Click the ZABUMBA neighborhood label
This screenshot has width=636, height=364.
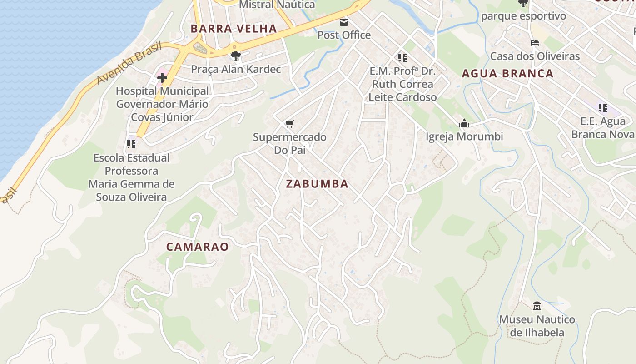tap(317, 184)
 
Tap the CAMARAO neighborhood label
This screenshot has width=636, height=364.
tap(197, 247)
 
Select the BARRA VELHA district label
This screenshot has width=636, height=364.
tap(234, 29)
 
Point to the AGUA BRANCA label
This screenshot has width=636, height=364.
tap(507, 74)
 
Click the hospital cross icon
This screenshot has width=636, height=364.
tap(162, 78)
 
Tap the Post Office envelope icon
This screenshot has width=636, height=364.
tap(344, 22)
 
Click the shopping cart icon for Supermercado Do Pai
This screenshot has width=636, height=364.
tap(289, 124)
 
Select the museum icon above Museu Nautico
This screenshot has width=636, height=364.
tap(537, 306)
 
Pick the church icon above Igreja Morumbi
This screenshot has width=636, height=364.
tap(464, 123)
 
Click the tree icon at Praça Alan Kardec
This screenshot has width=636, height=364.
tap(235, 56)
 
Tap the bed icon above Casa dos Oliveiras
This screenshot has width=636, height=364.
tap(535, 43)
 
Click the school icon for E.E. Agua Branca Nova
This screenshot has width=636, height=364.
tap(603, 108)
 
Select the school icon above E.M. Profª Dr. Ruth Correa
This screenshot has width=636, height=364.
tap(402, 58)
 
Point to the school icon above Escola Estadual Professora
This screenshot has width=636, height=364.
tap(131, 144)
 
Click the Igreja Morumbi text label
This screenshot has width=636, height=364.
tap(464, 136)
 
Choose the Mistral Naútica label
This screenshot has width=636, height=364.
tap(277, 5)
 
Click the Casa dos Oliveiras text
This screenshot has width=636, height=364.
tap(535, 56)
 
